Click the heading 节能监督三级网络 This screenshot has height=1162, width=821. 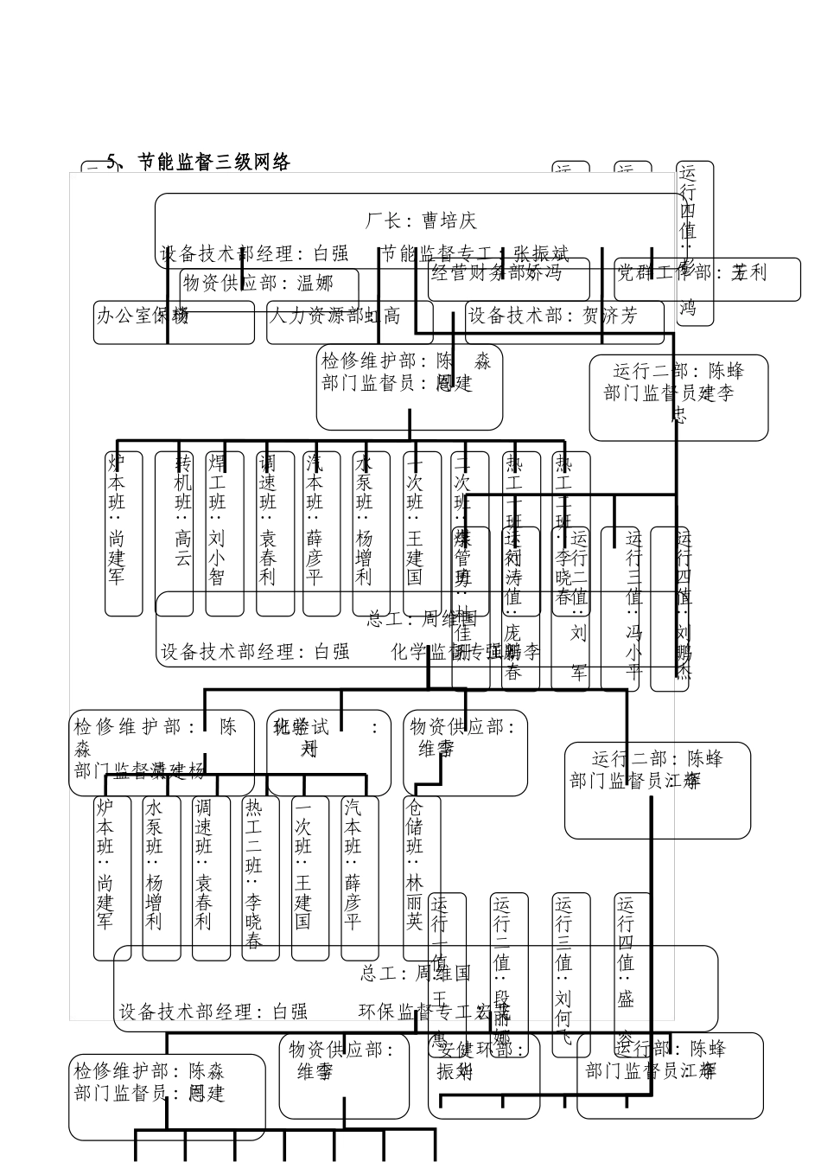(x=198, y=162)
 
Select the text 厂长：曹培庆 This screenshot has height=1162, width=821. (x=421, y=220)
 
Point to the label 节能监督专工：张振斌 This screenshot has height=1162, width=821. (x=476, y=254)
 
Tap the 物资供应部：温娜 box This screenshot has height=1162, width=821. (x=269, y=283)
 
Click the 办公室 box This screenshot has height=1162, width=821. (x=173, y=322)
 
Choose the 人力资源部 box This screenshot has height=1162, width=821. (x=348, y=322)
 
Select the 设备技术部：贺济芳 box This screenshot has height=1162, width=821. (x=564, y=322)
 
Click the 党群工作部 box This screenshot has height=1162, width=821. (x=707, y=278)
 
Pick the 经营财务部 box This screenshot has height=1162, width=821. (x=508, y=278)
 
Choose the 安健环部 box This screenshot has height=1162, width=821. (x=483, y=1074)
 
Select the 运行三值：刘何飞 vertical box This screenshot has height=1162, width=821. (x=571, y=973)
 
